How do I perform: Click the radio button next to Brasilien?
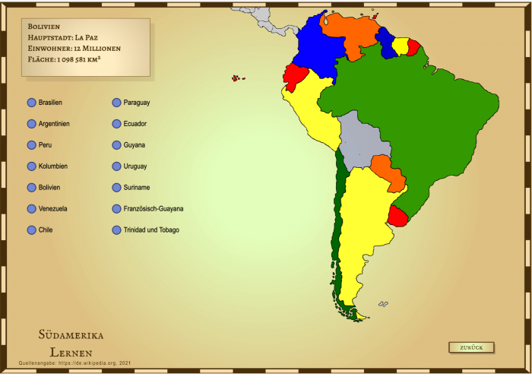tap(31, 102)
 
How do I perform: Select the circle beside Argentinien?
tap(31, 123)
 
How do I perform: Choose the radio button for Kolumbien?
tap(31, 166)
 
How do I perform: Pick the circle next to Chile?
tap(31, 230)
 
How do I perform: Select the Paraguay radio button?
tap(116, 102)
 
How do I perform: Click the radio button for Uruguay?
tap(116, 166)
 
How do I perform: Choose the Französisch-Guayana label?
tap(153, 208)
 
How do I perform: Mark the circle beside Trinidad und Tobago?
tap(116, 230)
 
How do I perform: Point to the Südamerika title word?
tap(71, 334)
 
